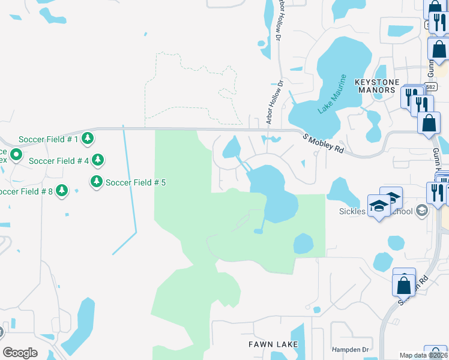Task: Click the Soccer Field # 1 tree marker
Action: [88, 139]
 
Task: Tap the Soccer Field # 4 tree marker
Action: [98, 160]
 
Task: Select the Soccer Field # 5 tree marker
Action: [96, 181]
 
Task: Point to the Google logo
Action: [20, 353]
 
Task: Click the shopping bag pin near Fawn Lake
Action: [404, 283]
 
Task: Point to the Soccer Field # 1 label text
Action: [49, 139]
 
